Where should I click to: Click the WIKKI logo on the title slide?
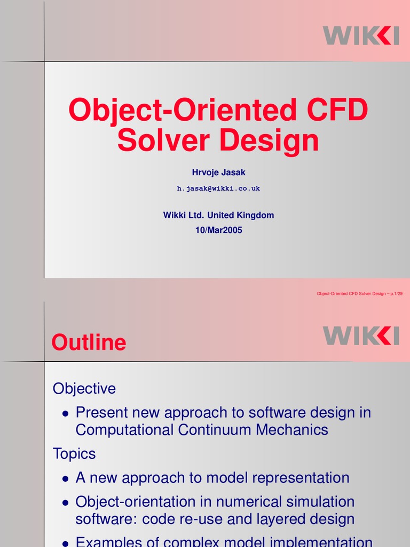pyautogui.click(x=361, y=35)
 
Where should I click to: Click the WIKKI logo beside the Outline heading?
pyautogui.click(x=361, y=335)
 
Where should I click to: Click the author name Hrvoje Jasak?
pyautogui.click(x=218, y=172)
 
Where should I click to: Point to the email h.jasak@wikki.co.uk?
pyautogui.click(x=218, y=189)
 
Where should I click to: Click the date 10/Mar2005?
pyautogui.click(x=218, y=230)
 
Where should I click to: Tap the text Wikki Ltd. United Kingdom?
pyautogui.click(x=218, y=215)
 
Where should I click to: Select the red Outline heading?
pyautogui.click(x=89, y=342)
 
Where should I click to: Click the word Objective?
pyautogui.click(x=84, y=388)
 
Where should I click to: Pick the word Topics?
pyautogui.click(x=74, y=454)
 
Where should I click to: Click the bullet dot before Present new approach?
pyautogui.click(x=65, y=413)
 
